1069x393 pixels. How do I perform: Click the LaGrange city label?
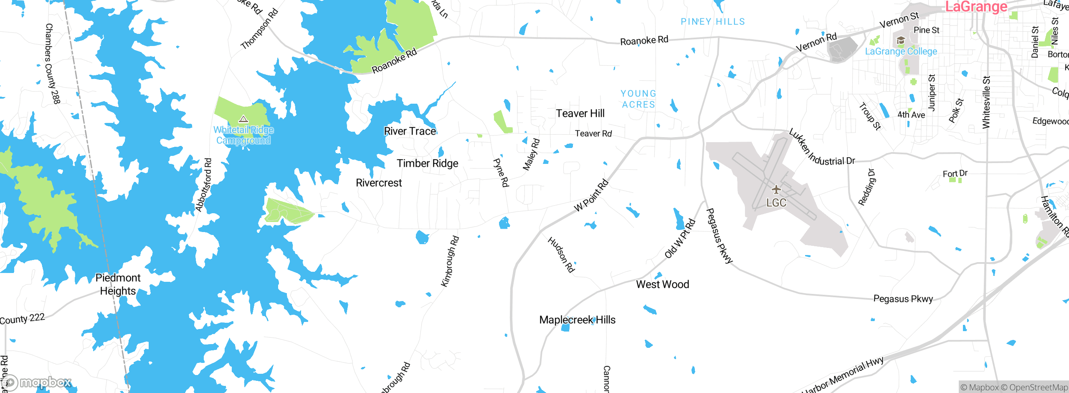pos(976,7)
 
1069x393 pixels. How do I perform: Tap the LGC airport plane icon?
pos(776,190)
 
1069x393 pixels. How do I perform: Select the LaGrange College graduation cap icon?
pos(901,41)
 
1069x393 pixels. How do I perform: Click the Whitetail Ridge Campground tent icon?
pos(243,119)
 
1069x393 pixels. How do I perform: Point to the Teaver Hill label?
pos(580,113)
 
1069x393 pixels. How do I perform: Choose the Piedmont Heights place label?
pos(118,284)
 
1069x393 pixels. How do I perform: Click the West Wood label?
pos(662,284)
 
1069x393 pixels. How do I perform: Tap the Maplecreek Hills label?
pos(577,320)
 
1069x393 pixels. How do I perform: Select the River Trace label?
pos(410,131)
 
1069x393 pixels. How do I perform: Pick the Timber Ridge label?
pos(427,163)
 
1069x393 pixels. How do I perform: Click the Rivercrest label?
pos(379,183)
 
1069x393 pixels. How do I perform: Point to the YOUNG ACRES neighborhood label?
pos(638,99)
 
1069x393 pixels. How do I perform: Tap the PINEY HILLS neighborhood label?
pos(712,22)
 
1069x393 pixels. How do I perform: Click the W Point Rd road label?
pos(591,195)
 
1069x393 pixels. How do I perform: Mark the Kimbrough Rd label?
pos(450,262)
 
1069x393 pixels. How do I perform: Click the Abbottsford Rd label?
pos(203,185)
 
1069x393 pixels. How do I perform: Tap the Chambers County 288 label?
pos(53,64)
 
